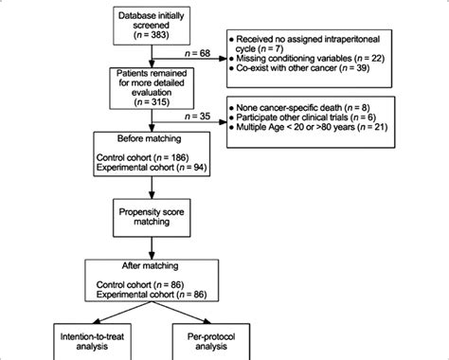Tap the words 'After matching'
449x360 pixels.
pyautogui.click(x=153, y=267)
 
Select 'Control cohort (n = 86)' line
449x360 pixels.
pyautogui.click(x=150, y=285)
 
